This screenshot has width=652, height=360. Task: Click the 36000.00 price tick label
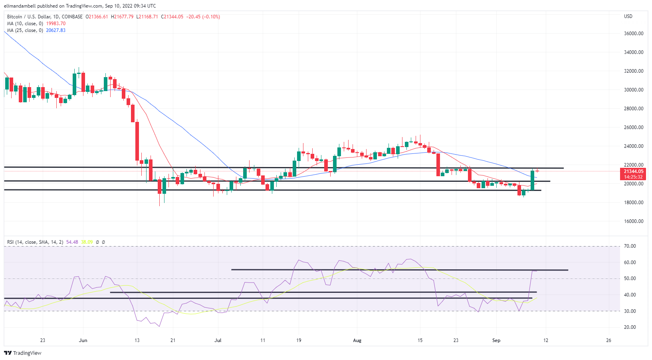pos(634,34)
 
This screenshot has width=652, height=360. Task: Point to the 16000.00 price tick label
pos(634,221)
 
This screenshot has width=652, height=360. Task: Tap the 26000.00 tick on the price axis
pos(634,127)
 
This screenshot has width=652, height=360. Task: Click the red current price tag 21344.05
pos(634,171)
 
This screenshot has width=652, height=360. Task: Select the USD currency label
pos(628,16)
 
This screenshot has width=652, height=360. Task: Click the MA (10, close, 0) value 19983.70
pos(56,24)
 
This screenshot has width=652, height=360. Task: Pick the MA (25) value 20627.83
pos(56,30)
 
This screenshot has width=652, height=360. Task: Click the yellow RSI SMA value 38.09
pos(87,242)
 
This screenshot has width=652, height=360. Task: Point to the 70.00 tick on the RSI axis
pos(630,246)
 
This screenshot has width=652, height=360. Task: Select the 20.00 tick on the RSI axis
pos(630,327)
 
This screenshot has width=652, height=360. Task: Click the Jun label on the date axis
pos(83,340)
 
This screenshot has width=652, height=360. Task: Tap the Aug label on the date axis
pos(357,340)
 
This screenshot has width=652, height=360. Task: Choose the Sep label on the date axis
pos(496,340)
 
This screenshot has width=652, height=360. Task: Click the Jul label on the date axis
pos(218,340)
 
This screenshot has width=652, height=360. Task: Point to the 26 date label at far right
pos(608,340)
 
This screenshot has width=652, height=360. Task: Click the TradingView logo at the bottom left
pos(23,353)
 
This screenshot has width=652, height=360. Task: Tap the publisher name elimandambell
pos(20,6)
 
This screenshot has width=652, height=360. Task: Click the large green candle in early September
pos(533,180)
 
